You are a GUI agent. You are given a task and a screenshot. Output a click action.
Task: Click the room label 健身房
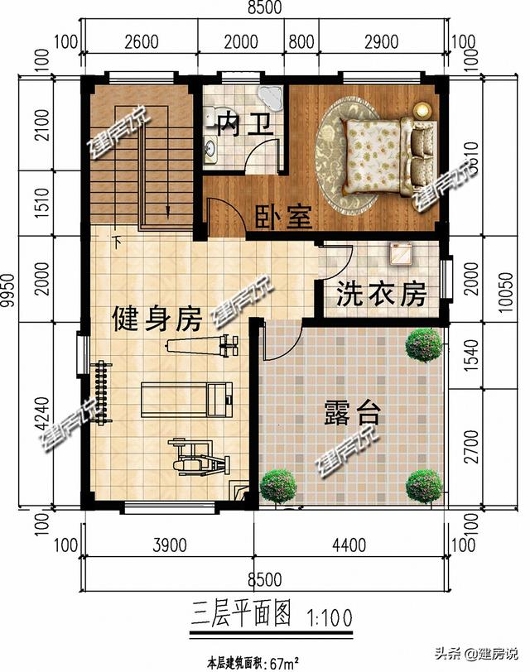coord(157,317)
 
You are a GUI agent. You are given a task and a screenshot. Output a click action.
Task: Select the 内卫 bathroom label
coord(244,125)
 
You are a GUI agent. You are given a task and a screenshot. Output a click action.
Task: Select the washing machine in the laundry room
coord(400,252)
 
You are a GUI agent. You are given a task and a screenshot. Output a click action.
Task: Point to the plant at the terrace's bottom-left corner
coord(279,486)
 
